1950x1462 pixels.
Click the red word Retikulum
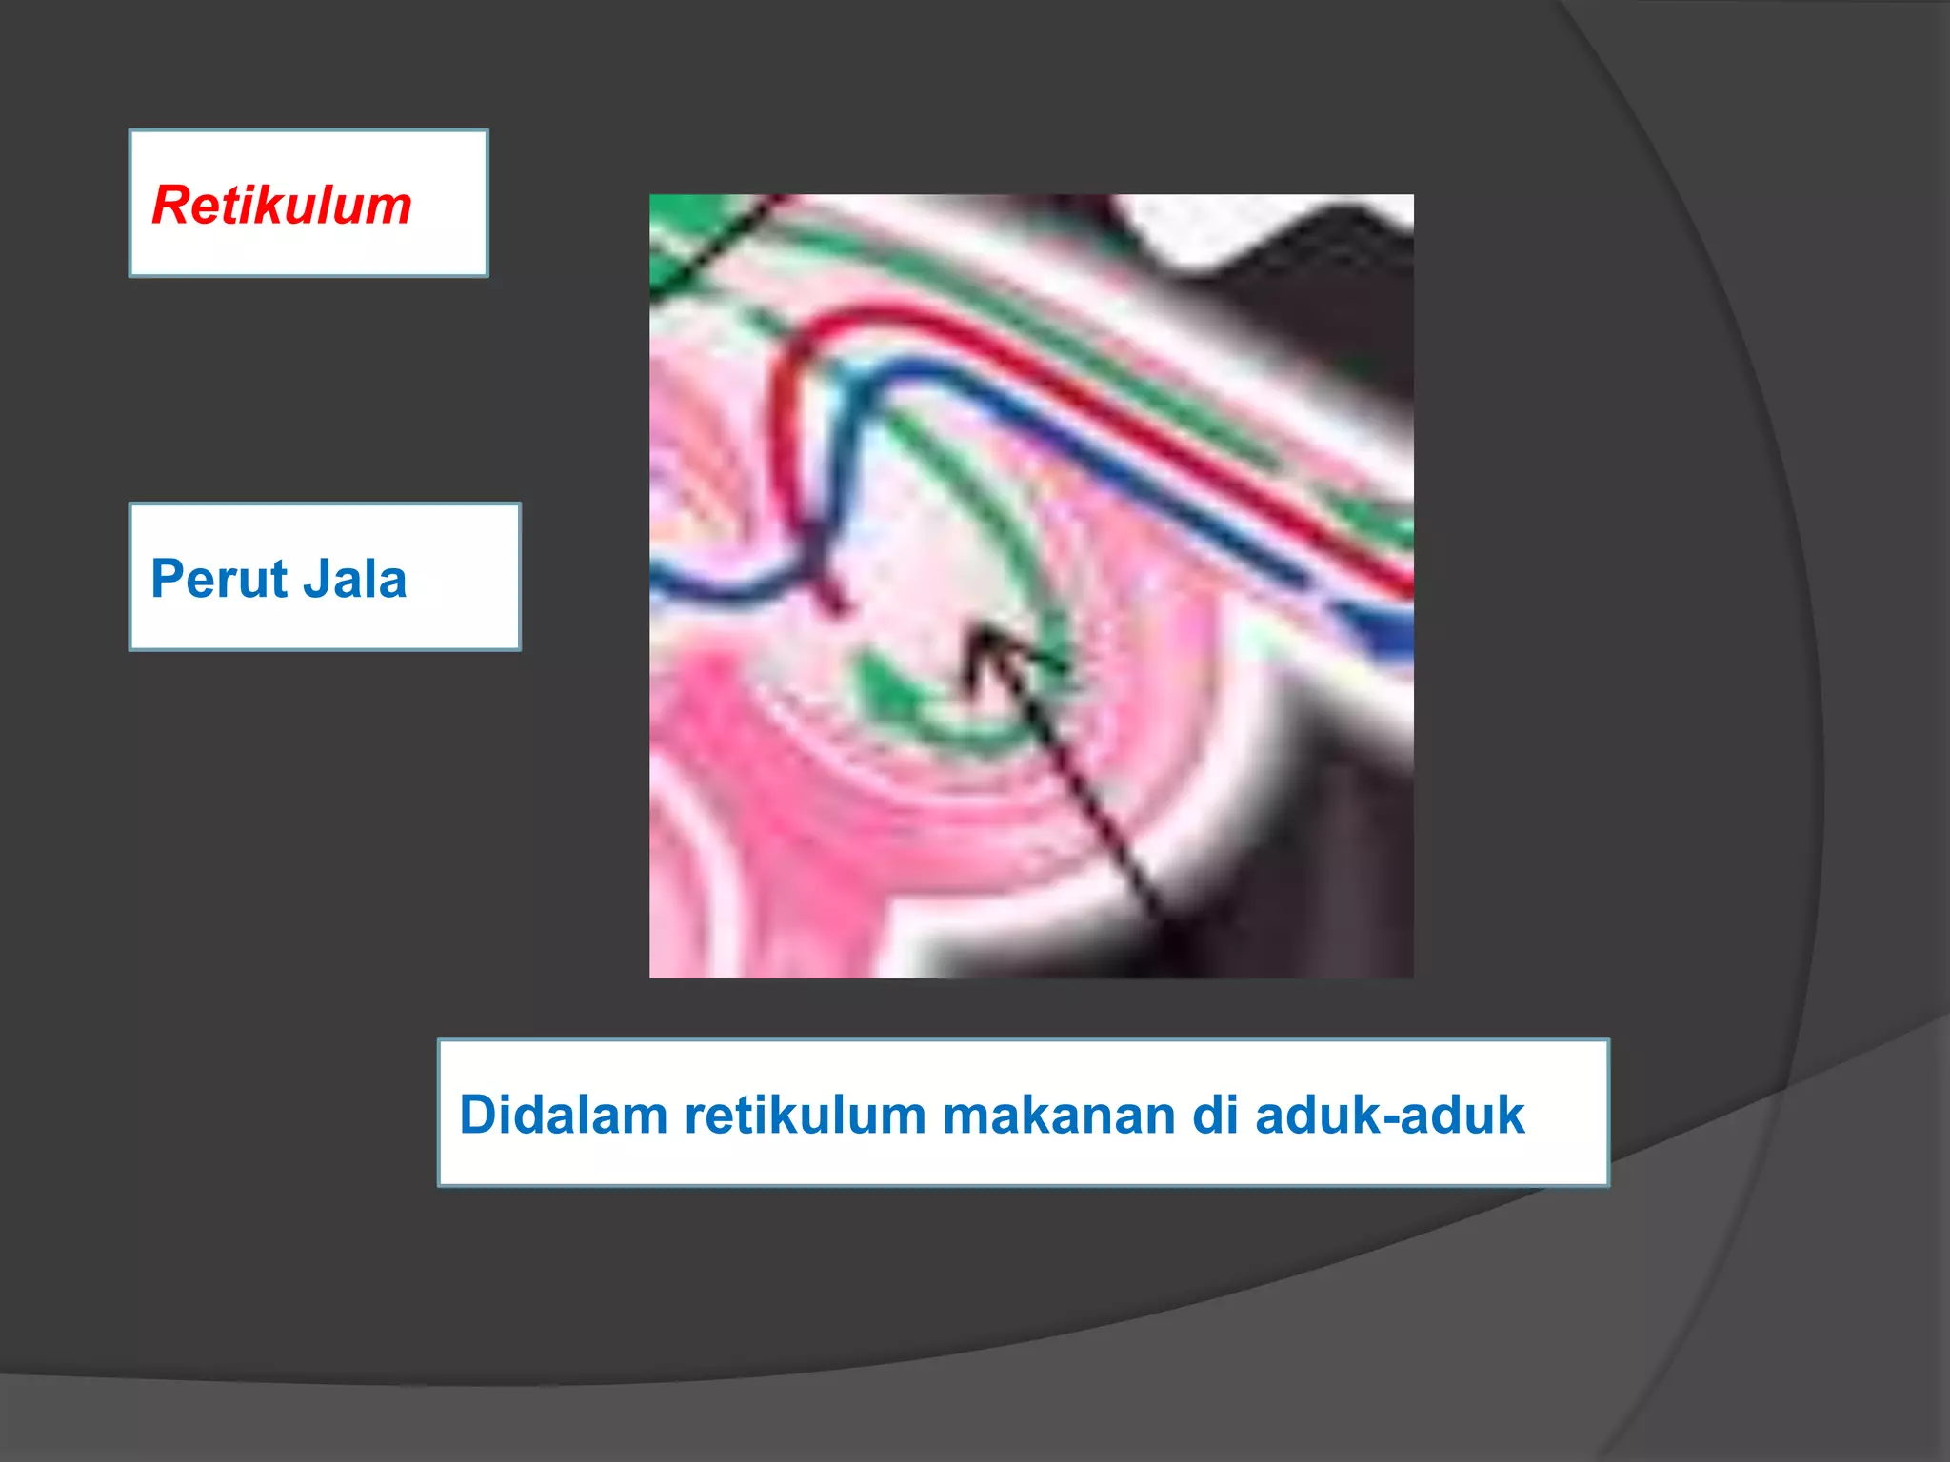point(282,206)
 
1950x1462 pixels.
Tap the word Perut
point(218,579)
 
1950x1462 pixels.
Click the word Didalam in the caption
point(563,1115)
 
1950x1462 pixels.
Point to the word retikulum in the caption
point(805,1115)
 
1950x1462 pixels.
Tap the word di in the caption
point(1214,1115)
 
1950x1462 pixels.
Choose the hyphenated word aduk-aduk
point(1389,1115)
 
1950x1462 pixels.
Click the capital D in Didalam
point(478,1115)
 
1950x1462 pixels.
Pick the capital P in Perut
point(168,579)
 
